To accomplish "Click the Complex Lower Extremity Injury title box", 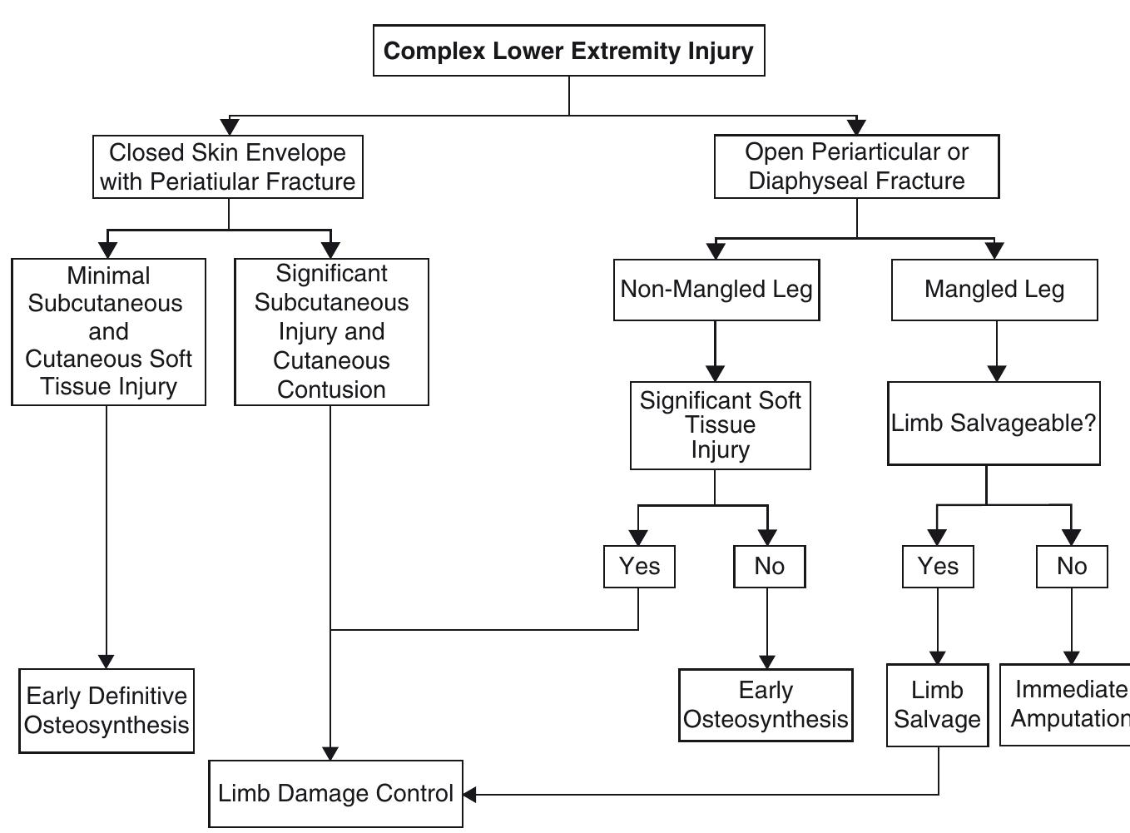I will click(568, 51).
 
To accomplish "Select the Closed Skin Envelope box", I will click(227, 167).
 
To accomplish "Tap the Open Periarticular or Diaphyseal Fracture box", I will click(856, 166).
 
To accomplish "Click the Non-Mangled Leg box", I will click(716, 290).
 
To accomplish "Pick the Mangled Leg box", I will click(994, 290).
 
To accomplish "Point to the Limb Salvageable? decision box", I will click(994, 424).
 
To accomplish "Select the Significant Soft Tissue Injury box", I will click(720, 425).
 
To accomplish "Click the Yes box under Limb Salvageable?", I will click(938, 567).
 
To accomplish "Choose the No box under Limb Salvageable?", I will click(1072, 567).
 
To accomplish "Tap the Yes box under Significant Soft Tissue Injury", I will click(639, 567).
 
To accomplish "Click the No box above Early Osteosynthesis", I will click(769, 567).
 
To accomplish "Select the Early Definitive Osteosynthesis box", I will click(107, 711).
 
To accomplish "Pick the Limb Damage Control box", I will click(335, 794).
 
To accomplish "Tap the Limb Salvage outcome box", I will click(938, 705).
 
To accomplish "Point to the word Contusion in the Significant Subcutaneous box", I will click(331, 389).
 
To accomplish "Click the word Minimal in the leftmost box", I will click(108, 275).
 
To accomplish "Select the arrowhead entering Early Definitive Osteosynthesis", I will click(107, 662).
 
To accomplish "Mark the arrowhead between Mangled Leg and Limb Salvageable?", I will click(997, 374).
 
